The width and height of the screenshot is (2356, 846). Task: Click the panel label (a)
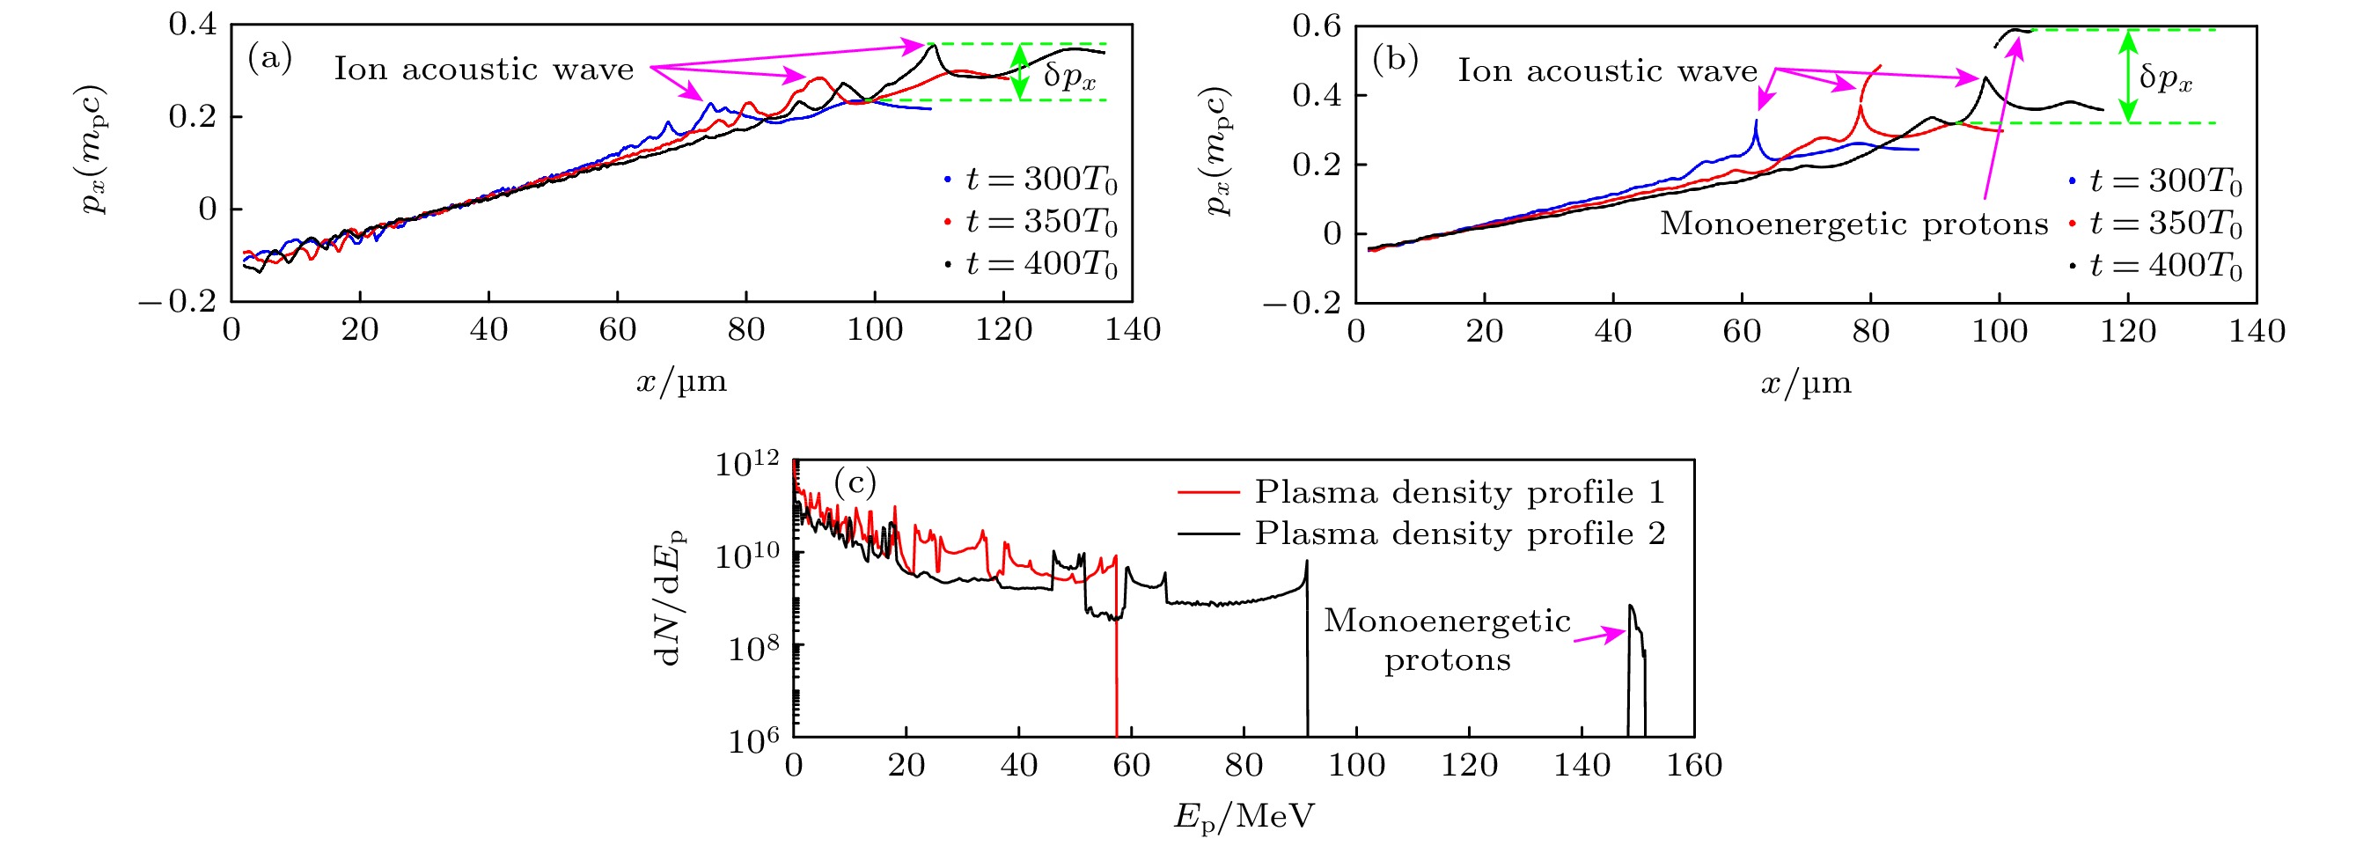[270, 61]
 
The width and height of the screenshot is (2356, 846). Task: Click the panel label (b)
[1395, 61]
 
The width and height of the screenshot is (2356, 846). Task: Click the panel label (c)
[855, 482]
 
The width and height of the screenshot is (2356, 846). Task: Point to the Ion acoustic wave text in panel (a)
[483, 70]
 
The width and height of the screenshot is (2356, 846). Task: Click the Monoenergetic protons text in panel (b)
[1853, 224]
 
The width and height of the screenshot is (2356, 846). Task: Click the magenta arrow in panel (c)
[1599, 636]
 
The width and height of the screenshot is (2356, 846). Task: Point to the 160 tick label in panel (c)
[1694, 766]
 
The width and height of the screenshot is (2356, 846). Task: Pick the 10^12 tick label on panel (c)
[746, 465]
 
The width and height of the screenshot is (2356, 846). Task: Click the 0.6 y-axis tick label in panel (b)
[1315, 26]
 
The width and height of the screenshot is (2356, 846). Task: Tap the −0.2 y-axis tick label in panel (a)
[179, 301]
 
